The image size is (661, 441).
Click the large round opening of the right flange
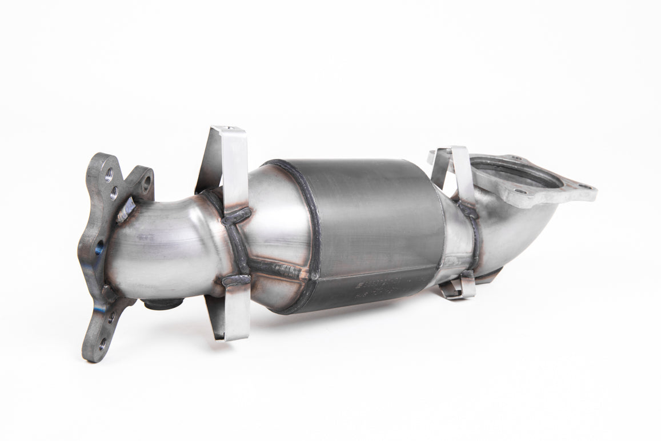[x=517, y=174]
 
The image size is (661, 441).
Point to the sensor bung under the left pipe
[x=162, y=304]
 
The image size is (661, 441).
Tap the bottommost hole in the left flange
[x=103, y=344]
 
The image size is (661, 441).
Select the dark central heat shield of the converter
[x=366, y=228]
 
